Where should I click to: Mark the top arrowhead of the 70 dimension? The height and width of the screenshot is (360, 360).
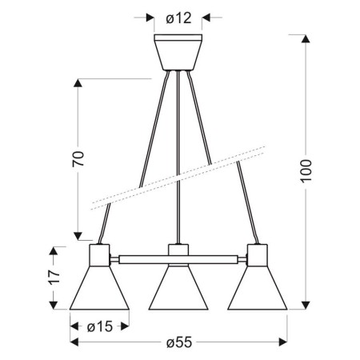78,83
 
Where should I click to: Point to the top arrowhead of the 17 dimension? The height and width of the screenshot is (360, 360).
54,250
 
